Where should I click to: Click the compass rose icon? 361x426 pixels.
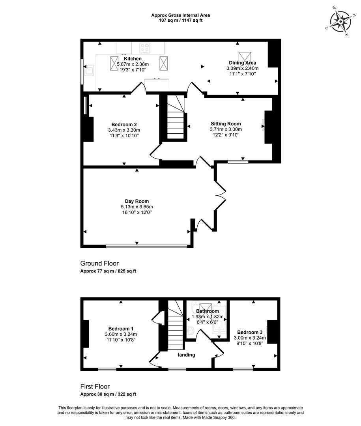click(340, 21)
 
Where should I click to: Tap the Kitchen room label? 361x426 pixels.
click(133, 59)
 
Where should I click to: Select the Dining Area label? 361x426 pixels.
click(243, 63)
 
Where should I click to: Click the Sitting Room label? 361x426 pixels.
click(226, 123)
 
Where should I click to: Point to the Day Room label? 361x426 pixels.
click(137, 201)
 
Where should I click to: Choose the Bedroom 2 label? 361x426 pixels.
click(124, 124)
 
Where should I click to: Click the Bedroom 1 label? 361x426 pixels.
click(121, 329)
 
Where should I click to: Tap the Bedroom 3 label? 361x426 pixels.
click(250, 332)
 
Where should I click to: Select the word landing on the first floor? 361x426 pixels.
click(187, 355)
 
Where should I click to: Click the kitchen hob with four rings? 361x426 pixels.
click(145, 48)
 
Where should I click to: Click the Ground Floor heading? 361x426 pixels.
click(99, 263)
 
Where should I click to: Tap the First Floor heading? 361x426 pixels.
click(95, 387)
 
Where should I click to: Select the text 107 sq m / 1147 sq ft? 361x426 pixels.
click(181, 21)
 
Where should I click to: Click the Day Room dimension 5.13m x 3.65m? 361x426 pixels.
click(137, 207)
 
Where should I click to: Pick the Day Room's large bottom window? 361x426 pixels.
click(146, 246)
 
